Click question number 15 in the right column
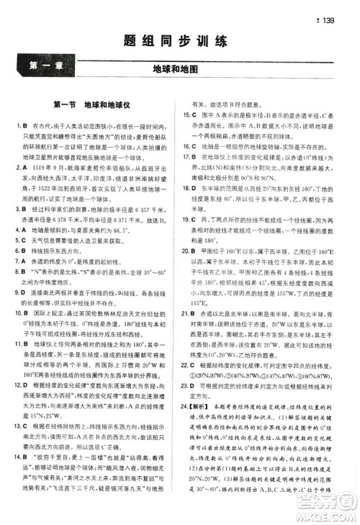(x=185, y=114)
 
